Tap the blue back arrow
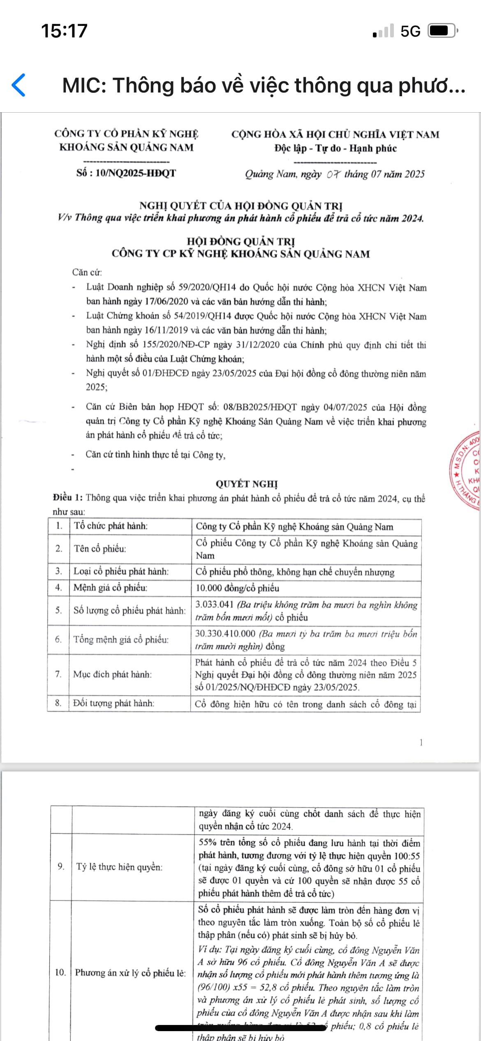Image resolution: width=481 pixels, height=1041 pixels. coord(19,85)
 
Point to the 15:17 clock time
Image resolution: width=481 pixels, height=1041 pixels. coord(64,31)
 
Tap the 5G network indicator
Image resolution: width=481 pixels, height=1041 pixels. coord(410,31)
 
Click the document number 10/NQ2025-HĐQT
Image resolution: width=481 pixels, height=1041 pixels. coord(135,173)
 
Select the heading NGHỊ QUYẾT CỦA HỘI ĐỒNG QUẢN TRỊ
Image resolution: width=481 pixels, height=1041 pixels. coord(241,205)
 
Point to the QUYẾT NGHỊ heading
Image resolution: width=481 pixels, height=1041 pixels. coord(247,484)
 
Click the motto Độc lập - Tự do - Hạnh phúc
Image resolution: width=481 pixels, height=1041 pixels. coord(335,148)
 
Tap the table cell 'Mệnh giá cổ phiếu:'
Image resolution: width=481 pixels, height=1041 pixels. coord(110,588)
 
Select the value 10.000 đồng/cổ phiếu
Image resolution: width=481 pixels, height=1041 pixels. coord(237,588)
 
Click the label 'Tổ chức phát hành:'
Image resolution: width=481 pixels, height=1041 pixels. coord(111,526)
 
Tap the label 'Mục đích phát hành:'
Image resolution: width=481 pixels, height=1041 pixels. coord(112,674)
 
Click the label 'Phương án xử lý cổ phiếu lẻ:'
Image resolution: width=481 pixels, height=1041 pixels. coord(130,973)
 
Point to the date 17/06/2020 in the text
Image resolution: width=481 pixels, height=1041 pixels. coord(166,301)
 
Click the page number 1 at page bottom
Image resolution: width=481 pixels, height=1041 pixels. coord(421,743)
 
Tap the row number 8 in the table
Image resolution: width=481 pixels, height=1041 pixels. coord(58,703)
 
